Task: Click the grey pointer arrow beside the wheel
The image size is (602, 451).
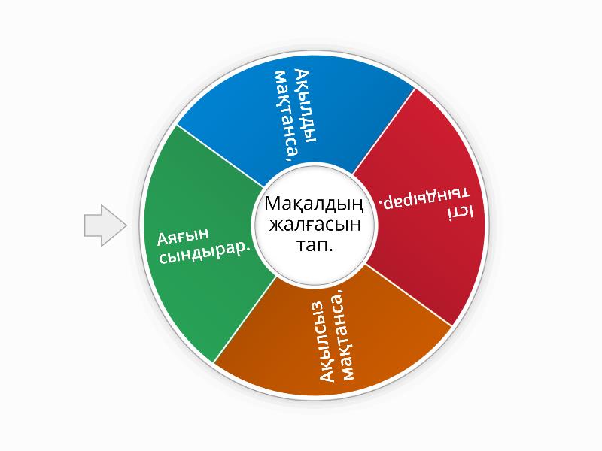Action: pos(105,225)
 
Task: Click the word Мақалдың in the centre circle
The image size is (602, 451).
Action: pos(314,204)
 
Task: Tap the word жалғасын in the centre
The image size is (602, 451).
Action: pos(315,224)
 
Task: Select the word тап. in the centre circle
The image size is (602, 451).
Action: pos(315,245)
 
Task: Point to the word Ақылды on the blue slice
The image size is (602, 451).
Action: pos(305,106)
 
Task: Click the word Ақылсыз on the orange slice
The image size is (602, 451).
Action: pos(327,341)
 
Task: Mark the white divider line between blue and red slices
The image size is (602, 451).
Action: pos(384,131)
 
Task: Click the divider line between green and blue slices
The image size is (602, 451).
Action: pos(220,156)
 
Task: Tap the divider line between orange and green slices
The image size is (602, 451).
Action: pos(245,319)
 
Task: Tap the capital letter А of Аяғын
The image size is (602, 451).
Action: pos(163,239)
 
